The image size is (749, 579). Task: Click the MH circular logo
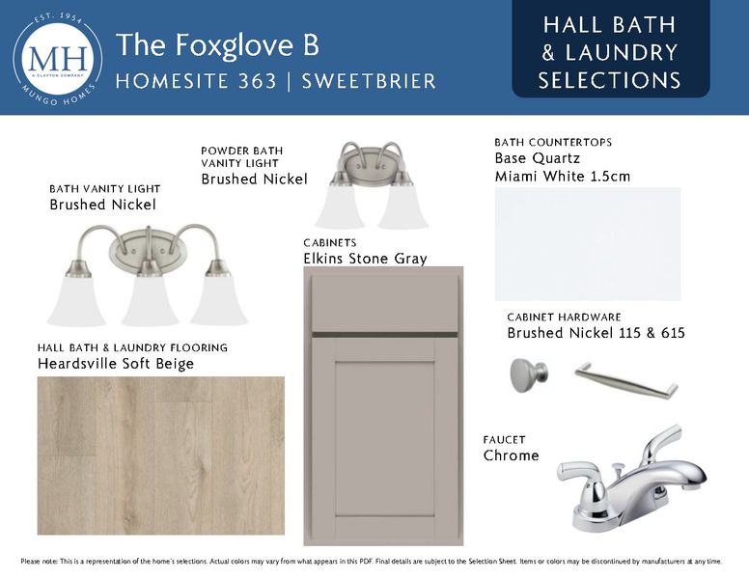pos(58,59)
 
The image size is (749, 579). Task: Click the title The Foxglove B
pos(217,45)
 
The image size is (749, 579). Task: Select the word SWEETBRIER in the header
pos(369,81)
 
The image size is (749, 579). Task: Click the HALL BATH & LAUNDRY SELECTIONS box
pos(610,49)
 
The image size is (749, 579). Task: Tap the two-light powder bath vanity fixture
pos(372,185)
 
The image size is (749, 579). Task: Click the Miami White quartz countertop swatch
pos(588,244)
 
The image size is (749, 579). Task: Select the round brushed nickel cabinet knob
pos(529,375)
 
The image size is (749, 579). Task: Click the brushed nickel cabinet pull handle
pos(625,380)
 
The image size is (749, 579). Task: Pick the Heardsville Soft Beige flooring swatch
pos(161,455)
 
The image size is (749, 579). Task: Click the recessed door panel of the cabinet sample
pos(385,438)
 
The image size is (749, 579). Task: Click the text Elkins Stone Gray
pos(366,259)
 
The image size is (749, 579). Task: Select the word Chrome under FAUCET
pos(512,455)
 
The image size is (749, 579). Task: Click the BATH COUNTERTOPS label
pos(553,142)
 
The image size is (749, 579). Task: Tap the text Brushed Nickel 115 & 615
pos(596,333)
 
